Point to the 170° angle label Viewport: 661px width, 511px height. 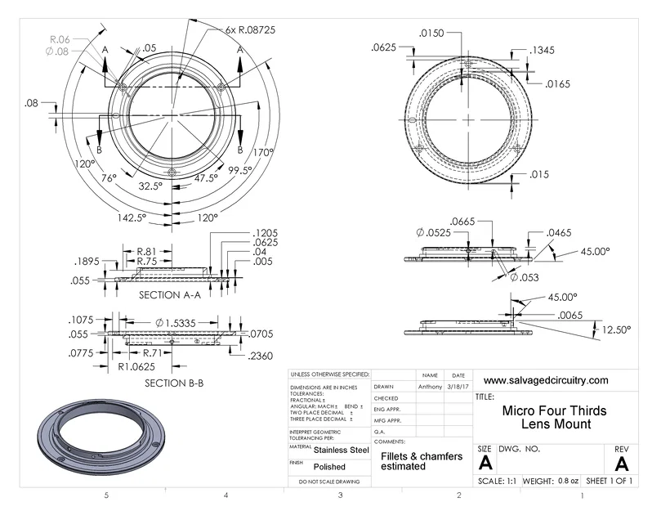(263, 152)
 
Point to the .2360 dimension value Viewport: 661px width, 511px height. (260, 356)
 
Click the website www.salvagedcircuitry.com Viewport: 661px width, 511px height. (546, 380)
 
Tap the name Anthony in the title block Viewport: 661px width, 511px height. (431, 387)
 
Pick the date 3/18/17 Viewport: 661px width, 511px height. (458, 387)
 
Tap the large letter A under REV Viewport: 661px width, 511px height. (621, 464)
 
